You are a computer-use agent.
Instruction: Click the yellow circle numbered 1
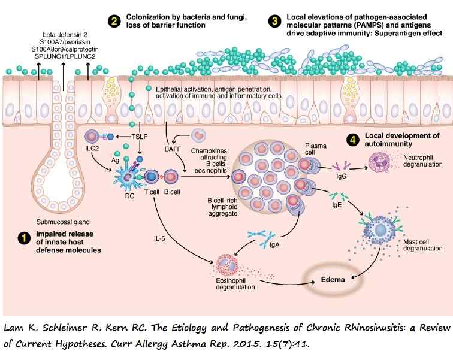pos(24,238)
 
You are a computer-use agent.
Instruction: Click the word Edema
pos(331,279)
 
